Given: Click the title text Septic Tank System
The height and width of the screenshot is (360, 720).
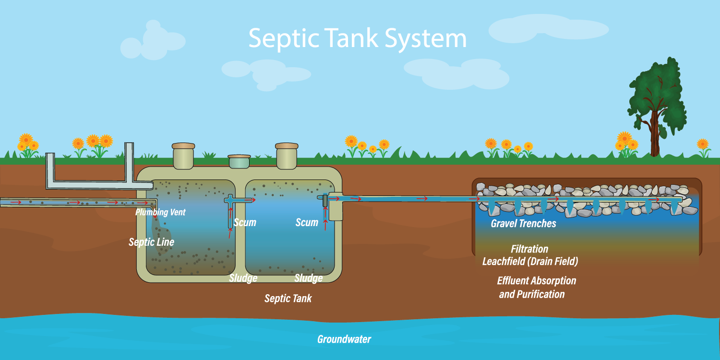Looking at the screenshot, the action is [358, 38].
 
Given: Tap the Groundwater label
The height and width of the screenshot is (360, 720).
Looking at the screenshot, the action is [344, 339].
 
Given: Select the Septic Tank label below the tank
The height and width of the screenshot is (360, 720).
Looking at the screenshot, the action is [288, 299].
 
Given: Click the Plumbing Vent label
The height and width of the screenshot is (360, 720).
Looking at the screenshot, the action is [160, 212].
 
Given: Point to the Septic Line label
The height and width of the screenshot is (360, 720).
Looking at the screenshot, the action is [151, 242].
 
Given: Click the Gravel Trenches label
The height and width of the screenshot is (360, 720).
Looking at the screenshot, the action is [523, 223].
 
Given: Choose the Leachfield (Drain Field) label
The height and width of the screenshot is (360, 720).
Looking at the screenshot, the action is [530, 261].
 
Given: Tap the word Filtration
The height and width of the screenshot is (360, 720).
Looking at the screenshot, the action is [529, 249].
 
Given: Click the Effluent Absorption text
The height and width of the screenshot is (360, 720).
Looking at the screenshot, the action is [537, 281].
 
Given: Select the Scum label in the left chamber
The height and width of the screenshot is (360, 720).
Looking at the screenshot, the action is [245, 222].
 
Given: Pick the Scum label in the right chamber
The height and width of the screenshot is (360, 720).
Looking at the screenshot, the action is [307, 222].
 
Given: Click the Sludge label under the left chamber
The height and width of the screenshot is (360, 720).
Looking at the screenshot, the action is [243, 278].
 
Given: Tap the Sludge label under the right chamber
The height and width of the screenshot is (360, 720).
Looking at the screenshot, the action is [309, 278].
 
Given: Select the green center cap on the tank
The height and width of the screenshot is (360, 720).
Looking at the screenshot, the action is [239, 161].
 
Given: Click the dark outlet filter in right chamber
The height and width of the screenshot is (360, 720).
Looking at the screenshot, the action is [325, 201].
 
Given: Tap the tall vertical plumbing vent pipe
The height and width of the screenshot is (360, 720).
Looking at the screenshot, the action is [129, 162].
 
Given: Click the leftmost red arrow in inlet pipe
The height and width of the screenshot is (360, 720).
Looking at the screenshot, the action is [16, 203].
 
